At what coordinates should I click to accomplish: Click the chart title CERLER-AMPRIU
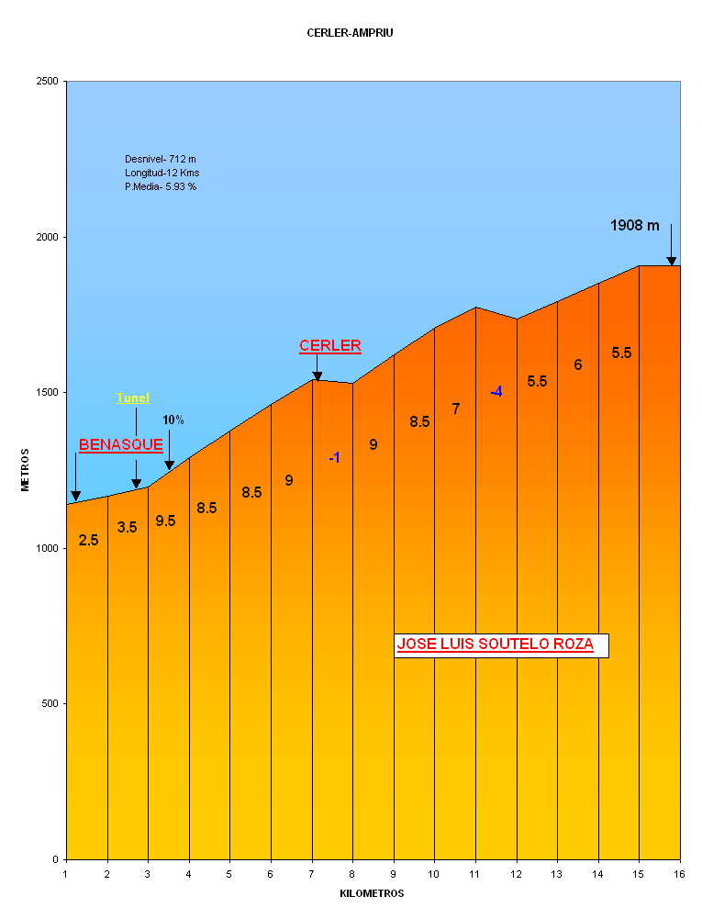point(351,33)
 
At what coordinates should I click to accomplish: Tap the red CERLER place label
point(330,346)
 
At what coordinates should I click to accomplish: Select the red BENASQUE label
point(121,445)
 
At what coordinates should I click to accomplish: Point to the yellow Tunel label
point(133,398)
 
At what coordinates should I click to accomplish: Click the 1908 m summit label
point(635,225)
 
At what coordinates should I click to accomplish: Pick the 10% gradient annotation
point(173,420)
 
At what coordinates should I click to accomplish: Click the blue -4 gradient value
point(496,392)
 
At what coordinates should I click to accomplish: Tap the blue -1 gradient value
point(335,457)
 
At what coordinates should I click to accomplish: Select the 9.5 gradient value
point(165,521)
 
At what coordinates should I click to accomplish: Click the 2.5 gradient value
point(88,540)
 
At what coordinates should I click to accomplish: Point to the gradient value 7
point(456,409)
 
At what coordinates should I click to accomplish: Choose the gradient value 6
point(578,364)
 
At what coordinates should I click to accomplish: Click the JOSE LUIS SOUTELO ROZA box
point(501,644)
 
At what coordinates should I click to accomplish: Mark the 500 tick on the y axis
point(51,704)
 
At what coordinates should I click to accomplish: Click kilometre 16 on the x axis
point(680,874)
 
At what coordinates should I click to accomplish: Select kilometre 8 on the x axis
point(352,874)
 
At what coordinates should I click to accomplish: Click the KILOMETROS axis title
point(372,893)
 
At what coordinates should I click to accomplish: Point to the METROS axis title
point(26,470)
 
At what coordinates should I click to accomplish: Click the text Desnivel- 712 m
point(161,159)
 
